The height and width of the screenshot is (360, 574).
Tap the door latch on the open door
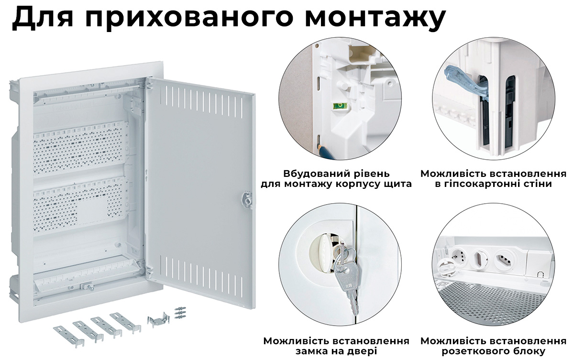coord(247,199)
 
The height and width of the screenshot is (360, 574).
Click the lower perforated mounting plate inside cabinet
coord(79,203)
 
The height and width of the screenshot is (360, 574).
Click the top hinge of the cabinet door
coord(148,87)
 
